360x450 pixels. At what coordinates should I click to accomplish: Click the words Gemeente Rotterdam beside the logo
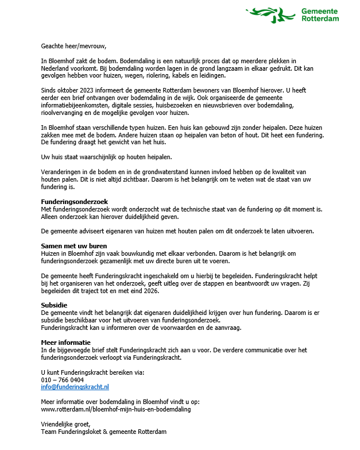[320, 14]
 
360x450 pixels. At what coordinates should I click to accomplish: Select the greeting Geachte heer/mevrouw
[74, 46]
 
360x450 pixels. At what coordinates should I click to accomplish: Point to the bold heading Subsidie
[54, 305]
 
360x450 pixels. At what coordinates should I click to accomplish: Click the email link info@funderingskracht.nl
[75, 387]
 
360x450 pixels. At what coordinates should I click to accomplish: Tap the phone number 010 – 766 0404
[62, 380]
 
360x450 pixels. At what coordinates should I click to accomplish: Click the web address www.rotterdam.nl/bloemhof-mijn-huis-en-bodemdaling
[115, 409]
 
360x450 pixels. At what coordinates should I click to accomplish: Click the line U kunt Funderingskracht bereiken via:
[92, 372]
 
